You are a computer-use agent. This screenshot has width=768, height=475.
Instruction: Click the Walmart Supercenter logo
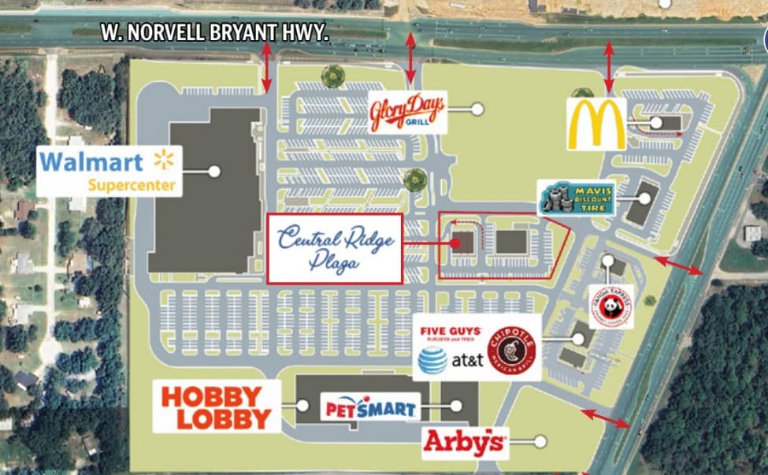point(109,173)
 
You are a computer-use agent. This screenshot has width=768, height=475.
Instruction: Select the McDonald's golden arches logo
point(596,124)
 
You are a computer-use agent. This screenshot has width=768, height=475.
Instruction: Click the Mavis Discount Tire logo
point(577,197)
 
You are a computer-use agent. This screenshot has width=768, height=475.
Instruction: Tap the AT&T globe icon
point(432,361)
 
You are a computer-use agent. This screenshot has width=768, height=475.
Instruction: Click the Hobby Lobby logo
point(216,406)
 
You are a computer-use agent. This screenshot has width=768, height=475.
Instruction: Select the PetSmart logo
point(369,409)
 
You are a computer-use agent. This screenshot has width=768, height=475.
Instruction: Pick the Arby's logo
point(464,443)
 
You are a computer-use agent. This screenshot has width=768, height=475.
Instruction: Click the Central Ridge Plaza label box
point(335,247)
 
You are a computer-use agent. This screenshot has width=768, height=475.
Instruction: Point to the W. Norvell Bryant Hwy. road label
point(214,33)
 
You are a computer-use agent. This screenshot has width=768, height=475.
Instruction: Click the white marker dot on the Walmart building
point(213,170)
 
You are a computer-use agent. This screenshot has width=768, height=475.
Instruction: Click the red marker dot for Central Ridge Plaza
point(454,243)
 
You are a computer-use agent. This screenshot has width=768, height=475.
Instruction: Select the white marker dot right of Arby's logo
point(540,442)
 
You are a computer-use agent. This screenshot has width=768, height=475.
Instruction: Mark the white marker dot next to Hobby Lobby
point(302,406)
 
